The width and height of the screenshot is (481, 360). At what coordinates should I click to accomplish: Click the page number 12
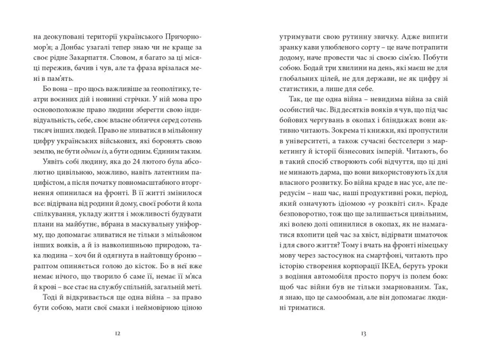pyautogui.click(x=117, y=333)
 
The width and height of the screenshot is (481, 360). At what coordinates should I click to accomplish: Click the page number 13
pyautogui.click(x=364, y=333)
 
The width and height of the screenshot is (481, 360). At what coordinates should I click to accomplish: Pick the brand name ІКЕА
pyautogui.click(x=391, y=266)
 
